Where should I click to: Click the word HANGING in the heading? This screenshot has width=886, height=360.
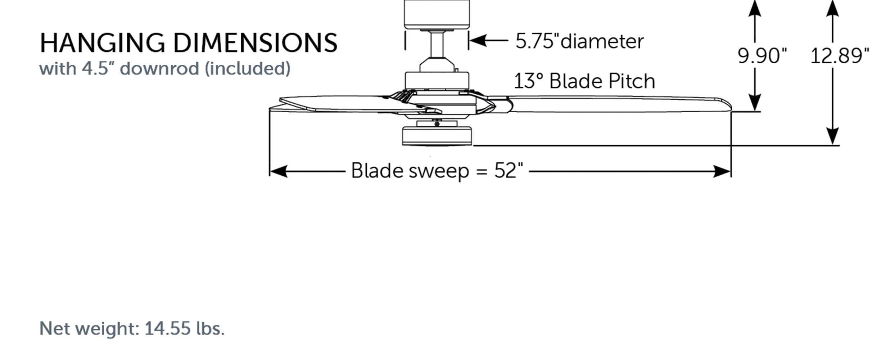[102, 43]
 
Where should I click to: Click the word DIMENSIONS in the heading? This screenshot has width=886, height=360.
[255, 43]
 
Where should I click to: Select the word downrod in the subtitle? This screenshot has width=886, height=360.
[159, 68]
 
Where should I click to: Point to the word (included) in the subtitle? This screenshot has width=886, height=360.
[248, 68]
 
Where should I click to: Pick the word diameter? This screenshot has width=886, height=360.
[602, 41]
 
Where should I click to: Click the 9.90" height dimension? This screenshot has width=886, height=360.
[762, 56]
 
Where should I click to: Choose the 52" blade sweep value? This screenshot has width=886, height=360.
[508, 170]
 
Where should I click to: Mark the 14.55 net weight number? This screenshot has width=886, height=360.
[167, 328]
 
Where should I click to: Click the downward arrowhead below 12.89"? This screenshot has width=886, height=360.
[832, 136]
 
